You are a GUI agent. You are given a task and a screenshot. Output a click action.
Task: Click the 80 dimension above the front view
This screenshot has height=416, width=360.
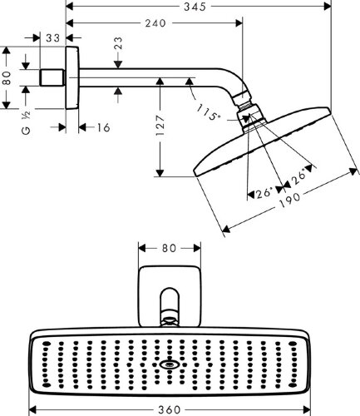click(x=169, y=248)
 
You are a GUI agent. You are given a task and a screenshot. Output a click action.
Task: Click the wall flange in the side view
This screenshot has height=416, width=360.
click(x=74, y=78)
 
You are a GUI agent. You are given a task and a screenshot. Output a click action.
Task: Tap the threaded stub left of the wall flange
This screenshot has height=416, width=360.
click(x=54, y=78)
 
